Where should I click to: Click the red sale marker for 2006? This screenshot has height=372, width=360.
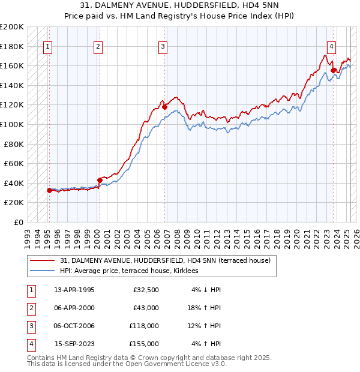click(164, 107)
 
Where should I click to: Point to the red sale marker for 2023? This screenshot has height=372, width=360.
click(333, 71)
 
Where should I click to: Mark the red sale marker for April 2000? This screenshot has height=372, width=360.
click(100, 180)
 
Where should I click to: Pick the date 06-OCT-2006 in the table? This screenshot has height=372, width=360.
click(74, 326)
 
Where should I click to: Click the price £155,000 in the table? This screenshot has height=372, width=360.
click(144, 344)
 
